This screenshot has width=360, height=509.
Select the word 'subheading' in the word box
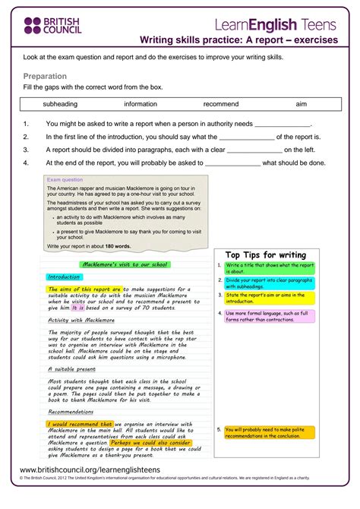[x=60, y=104]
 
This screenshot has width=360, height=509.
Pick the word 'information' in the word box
[x=141, y=104]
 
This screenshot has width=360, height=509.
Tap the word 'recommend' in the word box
[x=221, y=104]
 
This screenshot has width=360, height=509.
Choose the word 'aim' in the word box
[x=302, y=104]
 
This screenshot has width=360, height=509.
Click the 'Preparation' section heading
[x=45, y=77]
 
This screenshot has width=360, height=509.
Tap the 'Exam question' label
[x=65, y=180]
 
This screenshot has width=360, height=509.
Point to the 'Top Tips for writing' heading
[x=265, y=255]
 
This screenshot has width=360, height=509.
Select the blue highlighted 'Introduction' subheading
[x=63, y=277]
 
